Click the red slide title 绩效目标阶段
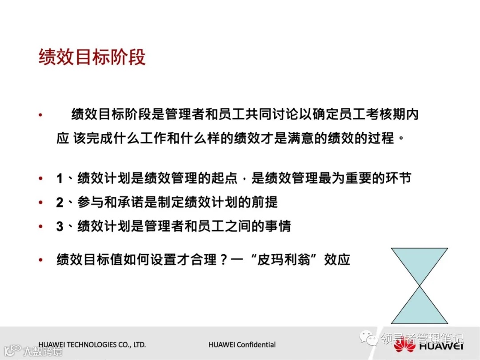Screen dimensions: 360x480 click(x=92, y=58)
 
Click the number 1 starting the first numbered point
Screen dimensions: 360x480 click(x=60, y=179)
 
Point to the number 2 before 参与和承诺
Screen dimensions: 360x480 click(x=60, y=203)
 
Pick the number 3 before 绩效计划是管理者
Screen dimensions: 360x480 click(x=60, y=226)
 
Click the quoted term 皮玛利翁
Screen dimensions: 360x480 click(x=289, y=259)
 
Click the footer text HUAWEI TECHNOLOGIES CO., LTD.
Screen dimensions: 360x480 click(x=92, y=344)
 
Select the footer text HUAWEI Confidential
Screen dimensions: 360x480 click(x=242, y=344)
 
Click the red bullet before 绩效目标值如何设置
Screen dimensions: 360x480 click(x=41, y=260)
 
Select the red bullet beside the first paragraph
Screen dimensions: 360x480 click(x=41, y=115)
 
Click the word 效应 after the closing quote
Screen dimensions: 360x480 click(x=337, y=259)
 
